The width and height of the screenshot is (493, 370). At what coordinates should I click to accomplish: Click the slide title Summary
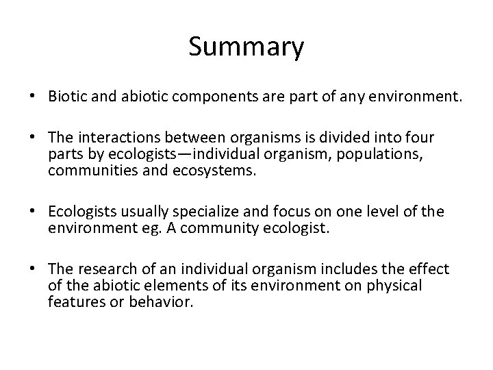point(246,48)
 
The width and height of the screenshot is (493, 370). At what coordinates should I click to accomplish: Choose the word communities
point(88,171)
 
